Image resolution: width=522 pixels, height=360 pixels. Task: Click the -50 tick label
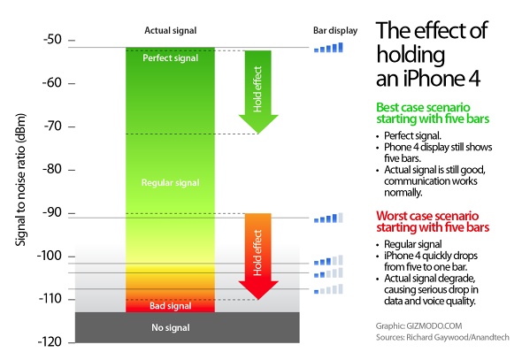click(x=52, y=40)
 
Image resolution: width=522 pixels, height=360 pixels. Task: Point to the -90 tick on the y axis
click(x=72, y=213)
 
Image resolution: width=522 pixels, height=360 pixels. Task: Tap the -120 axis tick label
click(x=50, y=342)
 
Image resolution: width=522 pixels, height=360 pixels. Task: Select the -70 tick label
click(x=52, y=126)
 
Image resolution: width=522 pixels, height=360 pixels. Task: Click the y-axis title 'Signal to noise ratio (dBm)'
click(x=20, y=180)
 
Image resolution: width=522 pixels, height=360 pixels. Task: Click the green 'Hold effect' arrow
click(x=258, y=92)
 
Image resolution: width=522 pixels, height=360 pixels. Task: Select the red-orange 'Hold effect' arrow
click(x=258, y=257)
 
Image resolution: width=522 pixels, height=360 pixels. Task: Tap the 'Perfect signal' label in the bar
click(x=170, y=58)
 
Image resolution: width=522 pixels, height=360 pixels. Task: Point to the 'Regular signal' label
click(x=170, y=183)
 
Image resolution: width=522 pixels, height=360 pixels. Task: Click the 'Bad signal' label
click(x=170, y=306)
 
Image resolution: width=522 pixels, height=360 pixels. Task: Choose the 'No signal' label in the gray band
click(x=171, y=328)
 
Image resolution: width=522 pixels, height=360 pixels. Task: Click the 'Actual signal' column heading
click(x=170, y=31)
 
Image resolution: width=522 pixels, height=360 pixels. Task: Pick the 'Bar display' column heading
click(x=335, y=31)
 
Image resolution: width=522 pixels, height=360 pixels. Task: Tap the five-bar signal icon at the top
click(x=328, y=48)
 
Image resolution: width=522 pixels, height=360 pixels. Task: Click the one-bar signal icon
click(x=328, y=289)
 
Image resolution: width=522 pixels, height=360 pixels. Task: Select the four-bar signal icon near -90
click(x=328, y=218)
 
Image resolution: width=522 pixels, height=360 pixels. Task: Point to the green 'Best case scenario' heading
click(x=423, y=107)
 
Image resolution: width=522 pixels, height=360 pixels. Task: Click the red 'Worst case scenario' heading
click(x=427, y=216)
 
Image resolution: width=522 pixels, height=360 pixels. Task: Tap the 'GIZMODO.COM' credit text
click(x=434, y=326)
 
